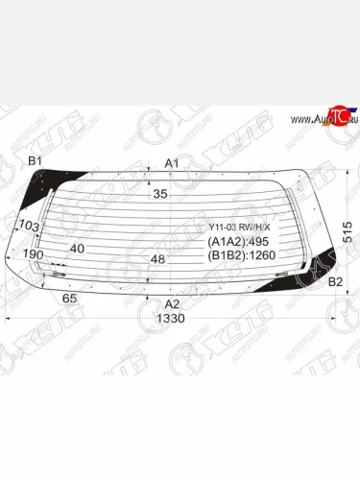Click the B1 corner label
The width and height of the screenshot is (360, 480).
click(36, 160)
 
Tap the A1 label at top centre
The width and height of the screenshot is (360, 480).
click(172, 163)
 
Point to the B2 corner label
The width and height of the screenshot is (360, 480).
click(335, 281)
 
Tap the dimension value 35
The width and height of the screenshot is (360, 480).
click(160, 194)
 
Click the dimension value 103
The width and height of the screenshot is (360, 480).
click(29, 226)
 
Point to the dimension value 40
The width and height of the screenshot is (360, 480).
click(78, 249)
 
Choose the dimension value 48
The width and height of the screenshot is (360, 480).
click(159, 259)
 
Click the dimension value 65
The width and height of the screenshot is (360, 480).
click(69, 299)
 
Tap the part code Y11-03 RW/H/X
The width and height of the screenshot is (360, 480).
click(240, 228)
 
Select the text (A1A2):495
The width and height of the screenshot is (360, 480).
click(239, 242)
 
